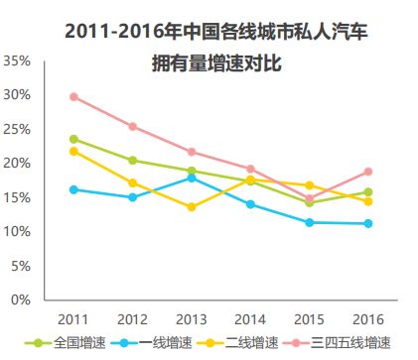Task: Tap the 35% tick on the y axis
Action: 19,60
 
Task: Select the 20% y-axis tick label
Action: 19,163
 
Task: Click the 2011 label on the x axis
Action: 73,319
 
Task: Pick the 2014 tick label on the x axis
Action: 250,319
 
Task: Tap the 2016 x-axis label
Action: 368,319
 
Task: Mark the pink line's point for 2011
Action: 73,97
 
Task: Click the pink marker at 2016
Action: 368,172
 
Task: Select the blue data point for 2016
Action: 368,223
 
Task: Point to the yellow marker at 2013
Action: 192,207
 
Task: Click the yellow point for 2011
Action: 73,151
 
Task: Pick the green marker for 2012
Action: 133,161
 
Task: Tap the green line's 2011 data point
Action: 73,139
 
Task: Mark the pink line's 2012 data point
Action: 133,127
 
